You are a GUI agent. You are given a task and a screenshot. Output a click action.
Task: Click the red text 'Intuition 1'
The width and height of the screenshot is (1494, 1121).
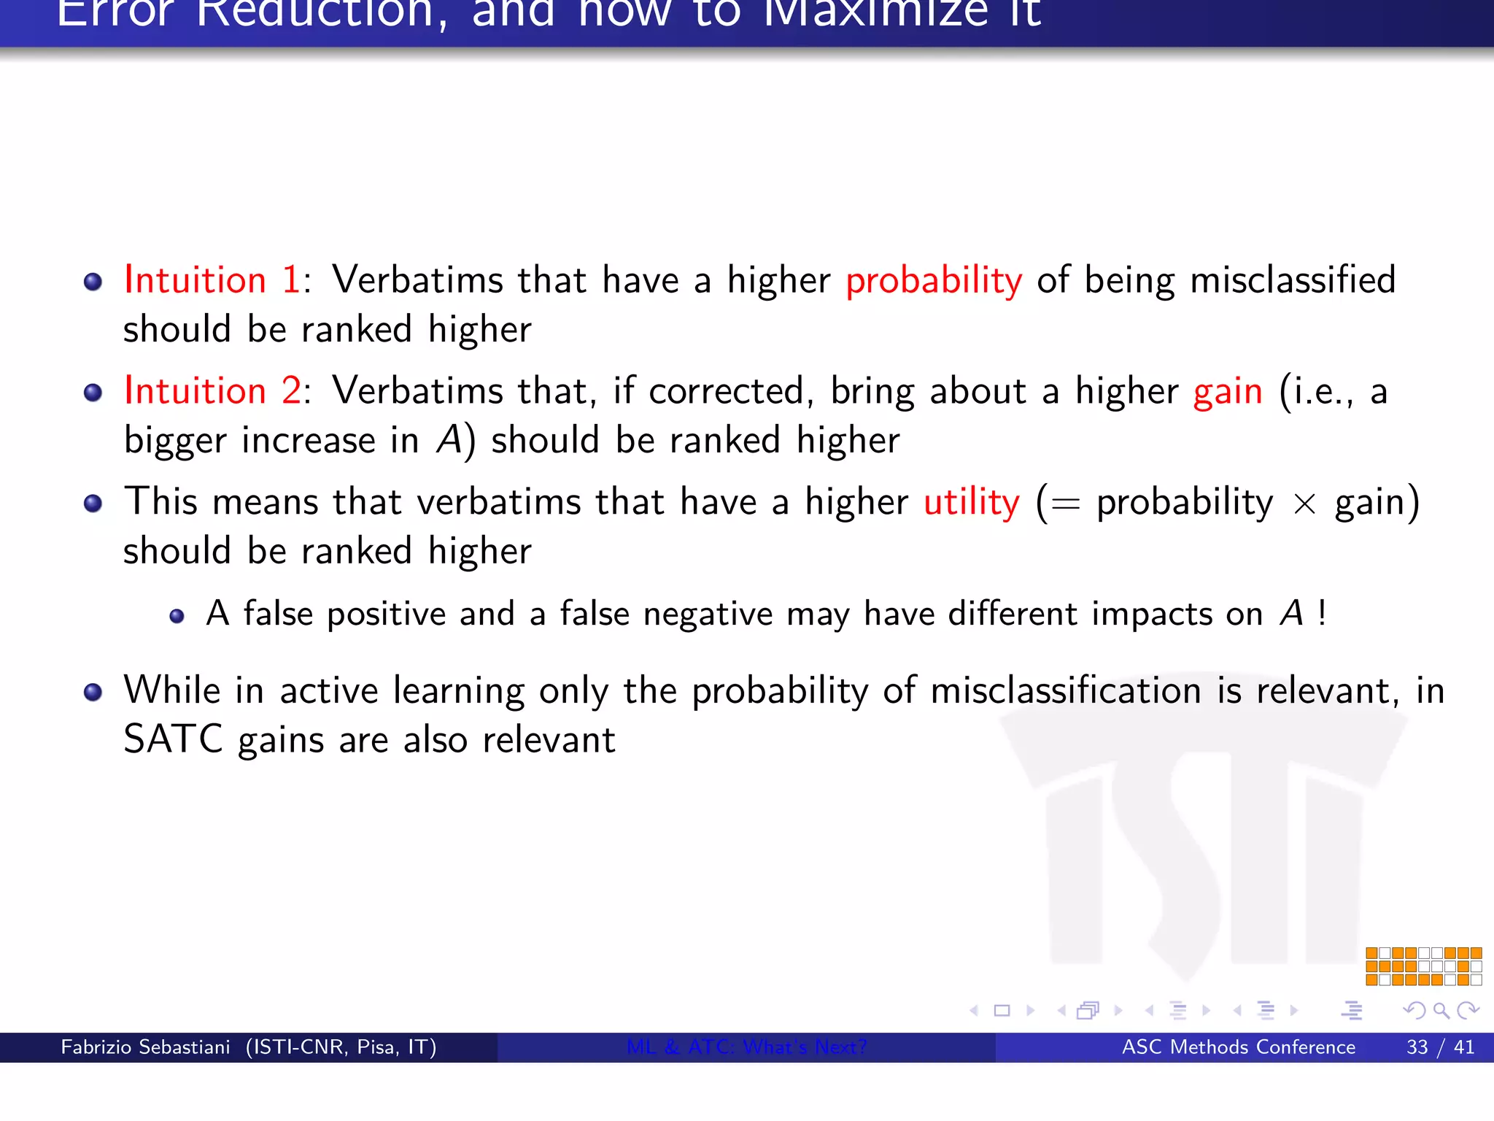click(212, 280)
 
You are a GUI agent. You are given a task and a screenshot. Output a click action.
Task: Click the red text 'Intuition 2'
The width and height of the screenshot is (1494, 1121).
click(212, 391)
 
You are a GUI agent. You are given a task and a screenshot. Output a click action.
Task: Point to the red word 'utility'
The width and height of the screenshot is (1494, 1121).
click(972, 504)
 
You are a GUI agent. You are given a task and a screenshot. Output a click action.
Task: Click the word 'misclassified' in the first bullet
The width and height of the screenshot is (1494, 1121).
click(1293, 280)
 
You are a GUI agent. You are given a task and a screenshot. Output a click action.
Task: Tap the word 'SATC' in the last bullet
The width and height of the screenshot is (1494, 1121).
click(173, 740)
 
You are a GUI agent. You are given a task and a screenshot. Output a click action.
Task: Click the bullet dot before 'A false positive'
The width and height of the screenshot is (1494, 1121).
click(177, 617)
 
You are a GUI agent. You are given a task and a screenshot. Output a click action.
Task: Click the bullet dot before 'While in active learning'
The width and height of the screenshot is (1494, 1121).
click(93, 692)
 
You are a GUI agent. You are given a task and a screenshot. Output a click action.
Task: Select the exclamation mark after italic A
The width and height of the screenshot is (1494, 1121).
click(1322, 613)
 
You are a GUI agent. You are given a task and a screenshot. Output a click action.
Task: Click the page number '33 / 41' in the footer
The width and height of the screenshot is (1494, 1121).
click(1439, 1047)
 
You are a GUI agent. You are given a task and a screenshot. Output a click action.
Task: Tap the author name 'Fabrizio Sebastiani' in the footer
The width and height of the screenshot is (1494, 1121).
click(145, 1047)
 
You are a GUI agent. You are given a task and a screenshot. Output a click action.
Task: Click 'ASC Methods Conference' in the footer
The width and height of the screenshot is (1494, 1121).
click(1238, 1047)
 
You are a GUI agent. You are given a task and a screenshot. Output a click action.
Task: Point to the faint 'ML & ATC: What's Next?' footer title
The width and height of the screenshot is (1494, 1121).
click(746, 1047)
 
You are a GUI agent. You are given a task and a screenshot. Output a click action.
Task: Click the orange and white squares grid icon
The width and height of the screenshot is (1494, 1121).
click(1423, 966)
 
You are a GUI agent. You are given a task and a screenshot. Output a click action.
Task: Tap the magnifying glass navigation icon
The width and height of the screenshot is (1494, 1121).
click(1441, 1011)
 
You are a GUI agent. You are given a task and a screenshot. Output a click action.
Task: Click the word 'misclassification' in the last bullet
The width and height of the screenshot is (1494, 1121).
click(1065, 691)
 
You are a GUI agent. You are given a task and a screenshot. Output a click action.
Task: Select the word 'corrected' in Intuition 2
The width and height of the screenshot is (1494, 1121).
click(726, 391)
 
